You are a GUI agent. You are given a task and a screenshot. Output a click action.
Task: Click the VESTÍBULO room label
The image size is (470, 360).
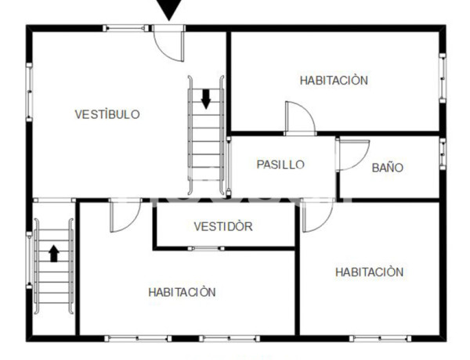[x=107, y=114]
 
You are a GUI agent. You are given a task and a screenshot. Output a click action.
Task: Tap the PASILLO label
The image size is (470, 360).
[x=280, y=164]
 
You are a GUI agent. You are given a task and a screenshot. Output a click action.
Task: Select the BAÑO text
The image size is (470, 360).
[x=387, y=167]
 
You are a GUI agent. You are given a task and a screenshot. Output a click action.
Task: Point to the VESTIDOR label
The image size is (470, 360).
[x=223, y=227]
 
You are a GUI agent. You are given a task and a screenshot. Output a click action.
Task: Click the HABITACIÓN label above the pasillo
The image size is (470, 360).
[x=334, y=80]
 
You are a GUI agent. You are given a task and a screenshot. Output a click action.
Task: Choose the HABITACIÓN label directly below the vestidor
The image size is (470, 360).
[x=182, y=292]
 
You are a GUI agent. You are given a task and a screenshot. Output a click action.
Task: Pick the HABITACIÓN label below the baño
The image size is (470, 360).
[x=369, y=272]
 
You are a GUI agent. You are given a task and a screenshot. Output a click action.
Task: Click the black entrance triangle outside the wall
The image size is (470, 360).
[x=168, y=9]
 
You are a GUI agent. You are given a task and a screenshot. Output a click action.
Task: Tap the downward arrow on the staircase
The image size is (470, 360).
[x=206, y=99]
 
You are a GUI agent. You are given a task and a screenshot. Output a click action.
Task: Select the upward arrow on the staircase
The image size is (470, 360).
[x=53, y=254]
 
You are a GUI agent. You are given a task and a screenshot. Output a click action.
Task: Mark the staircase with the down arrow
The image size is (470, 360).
[x=206, y=137]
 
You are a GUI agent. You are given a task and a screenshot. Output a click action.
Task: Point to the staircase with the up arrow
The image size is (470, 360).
[x=53, y=266]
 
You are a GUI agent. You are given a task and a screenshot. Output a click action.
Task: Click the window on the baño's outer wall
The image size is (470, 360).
[x=442, y=153]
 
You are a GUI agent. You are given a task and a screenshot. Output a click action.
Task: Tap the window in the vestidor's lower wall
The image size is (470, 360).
[x=207, y=248]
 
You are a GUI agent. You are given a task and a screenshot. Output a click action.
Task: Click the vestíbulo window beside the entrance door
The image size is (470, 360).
[x=128, y=28]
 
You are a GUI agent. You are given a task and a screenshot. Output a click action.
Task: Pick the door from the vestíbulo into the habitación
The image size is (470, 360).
[x=123, y=216]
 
